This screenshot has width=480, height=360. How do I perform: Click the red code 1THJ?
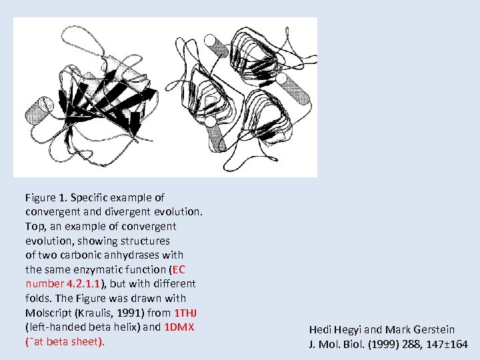click(x=185, y=313)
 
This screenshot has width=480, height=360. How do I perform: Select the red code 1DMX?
click(x=179, y=327)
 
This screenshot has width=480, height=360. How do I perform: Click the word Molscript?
click(x=48, y=313)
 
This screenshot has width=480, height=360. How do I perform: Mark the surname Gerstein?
click(x=433, y=329)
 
